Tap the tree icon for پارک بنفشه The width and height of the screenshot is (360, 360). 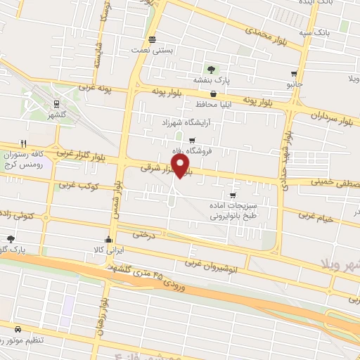(210, 68)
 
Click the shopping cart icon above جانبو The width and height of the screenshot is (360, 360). (294, 73)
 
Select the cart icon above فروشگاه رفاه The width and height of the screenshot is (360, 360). (191, 141)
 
